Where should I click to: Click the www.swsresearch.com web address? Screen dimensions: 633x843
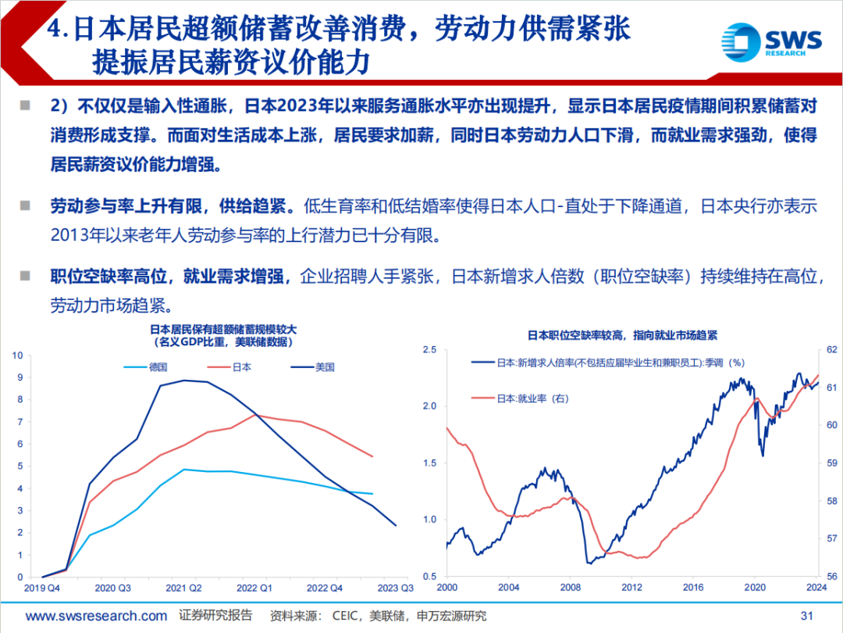coord(96,616)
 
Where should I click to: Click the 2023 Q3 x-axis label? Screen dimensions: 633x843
coord(396,588)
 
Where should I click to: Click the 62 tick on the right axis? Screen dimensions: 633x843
coord(830,349)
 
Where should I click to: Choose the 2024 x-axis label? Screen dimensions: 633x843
coord(816,588)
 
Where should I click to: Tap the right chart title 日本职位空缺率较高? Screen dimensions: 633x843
coord(622,334)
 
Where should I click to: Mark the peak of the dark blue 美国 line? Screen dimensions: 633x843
coord(184,381)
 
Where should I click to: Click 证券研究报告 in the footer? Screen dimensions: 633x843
coord(215,616)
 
